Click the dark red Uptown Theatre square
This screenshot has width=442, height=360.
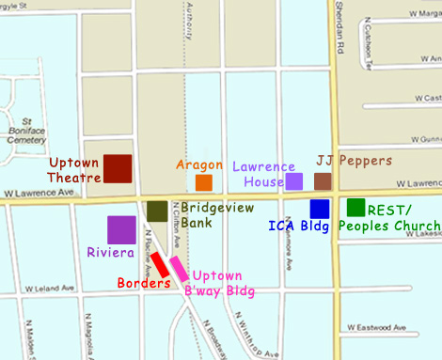(118, 167)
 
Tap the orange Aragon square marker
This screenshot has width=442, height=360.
(203, 182)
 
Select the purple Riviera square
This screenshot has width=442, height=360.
(121, 229)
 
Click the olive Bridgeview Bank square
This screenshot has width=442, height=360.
(157, 211)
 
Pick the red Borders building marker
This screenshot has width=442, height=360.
(160, 265)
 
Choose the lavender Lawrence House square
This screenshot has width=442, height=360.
(293, 181)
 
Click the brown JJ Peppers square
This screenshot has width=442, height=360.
(323, 181)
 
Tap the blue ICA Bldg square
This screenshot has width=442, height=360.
(320, 209)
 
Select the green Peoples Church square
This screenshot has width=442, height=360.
(355, 207)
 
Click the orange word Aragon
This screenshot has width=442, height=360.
(199, 164)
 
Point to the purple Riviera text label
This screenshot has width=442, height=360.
(110, 253)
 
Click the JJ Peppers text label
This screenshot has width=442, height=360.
(355, 161)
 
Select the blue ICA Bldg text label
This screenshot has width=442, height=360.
(299, 226)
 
